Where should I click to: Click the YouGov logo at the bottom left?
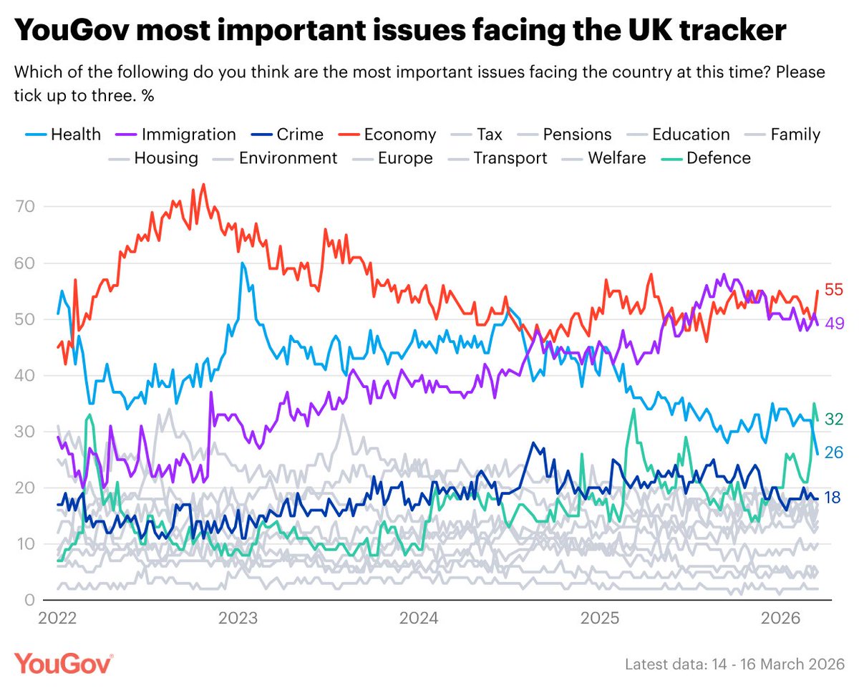64,663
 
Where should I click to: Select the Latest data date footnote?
734,664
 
